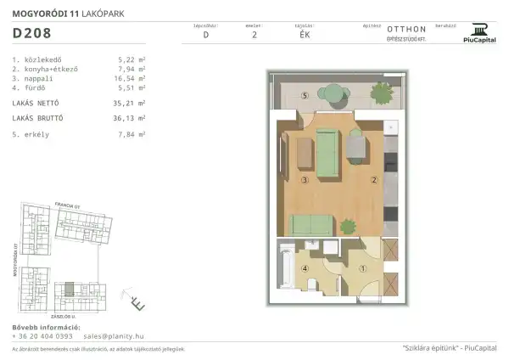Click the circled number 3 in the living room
304,180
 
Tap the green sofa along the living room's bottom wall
311,224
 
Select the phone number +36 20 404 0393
42,336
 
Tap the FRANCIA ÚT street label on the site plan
65,205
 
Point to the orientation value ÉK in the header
303,36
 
